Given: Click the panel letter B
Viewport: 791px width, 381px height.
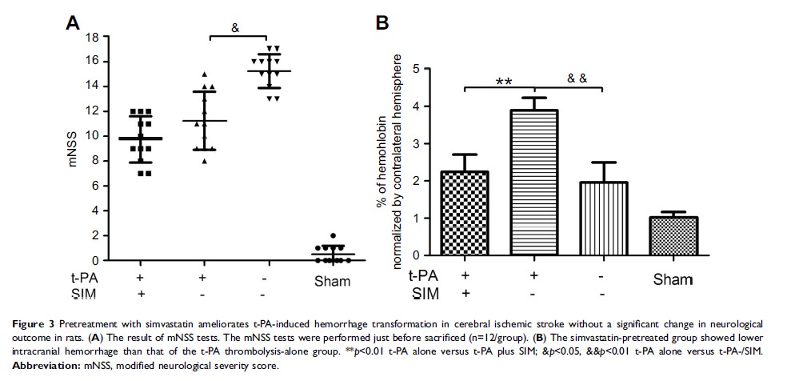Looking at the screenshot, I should tap(382, 24).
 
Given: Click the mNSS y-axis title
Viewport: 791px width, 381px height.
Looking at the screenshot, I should tap(72, 149).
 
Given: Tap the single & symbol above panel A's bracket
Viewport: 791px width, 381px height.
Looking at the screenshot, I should tap(235, 27).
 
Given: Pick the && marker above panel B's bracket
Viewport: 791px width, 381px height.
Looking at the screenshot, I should tap(577, 78).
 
